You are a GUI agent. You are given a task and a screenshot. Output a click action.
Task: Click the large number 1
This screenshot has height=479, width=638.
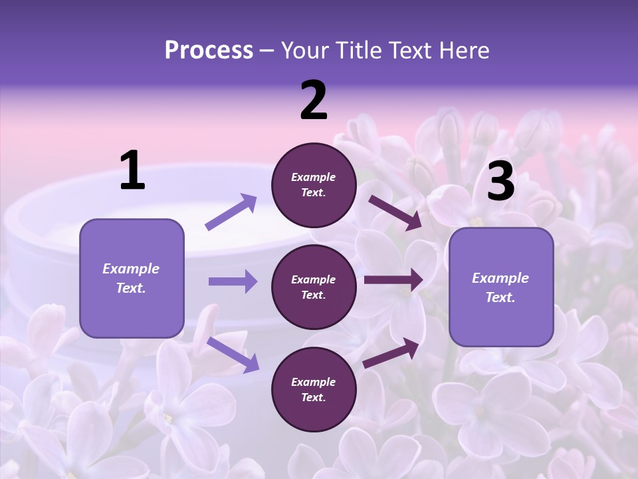coord(132,171)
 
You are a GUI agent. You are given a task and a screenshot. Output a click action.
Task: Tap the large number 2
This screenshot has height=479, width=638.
coord(314,101)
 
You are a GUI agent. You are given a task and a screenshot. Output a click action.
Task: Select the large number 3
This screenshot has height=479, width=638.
coord(500,182)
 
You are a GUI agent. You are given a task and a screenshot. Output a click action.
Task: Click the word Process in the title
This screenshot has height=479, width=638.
coord(209,50)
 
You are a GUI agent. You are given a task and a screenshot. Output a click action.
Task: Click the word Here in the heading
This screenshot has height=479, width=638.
coord(463,50)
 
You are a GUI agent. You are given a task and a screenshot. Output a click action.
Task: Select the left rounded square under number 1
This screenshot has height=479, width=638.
coord(132,278)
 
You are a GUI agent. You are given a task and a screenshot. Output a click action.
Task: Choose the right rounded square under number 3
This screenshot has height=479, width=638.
coord(501,287)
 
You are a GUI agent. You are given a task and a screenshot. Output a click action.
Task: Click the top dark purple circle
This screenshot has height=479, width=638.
coord(314,185)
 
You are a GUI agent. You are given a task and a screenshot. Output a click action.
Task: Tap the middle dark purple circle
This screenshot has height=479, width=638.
coord(314,287)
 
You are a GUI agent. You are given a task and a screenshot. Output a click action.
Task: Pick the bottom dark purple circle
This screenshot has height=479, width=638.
coord(314,389)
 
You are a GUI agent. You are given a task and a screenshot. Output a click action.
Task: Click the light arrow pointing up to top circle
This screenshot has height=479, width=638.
coord(231,212)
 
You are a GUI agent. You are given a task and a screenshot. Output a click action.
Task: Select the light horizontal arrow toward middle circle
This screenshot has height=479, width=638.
coord(233,281)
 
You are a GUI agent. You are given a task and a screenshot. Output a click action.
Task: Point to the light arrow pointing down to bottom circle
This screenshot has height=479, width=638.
coord(233,354)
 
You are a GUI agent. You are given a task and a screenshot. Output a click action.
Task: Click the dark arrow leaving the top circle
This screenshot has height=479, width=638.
coord(395,212)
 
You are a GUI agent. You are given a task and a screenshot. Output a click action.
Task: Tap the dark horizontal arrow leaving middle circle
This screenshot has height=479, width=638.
coord(393,280)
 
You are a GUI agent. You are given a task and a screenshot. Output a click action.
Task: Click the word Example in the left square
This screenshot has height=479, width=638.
coord(131,269)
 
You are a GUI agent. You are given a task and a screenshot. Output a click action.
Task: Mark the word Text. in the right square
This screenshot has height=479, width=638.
coord(500,297)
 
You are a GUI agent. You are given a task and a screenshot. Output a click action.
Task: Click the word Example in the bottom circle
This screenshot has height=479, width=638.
coord(314,382)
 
